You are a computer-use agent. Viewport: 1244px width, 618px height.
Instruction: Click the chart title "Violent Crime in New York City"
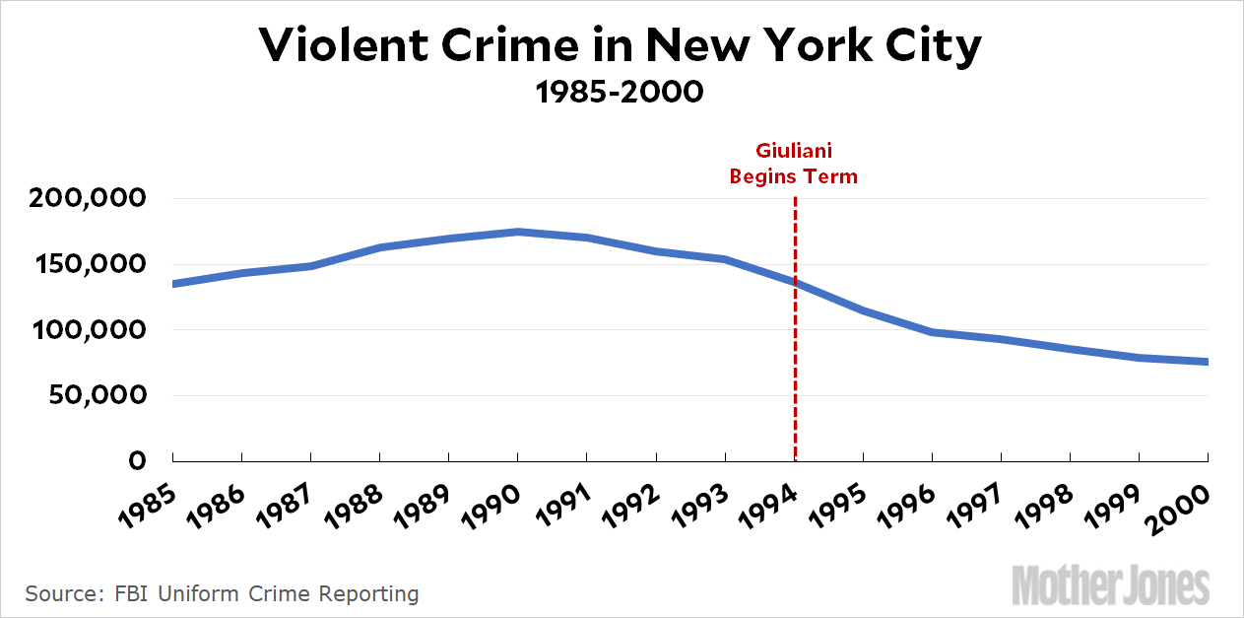(x=621, y=46)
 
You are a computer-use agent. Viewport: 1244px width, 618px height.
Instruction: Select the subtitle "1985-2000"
(x=620, y=93)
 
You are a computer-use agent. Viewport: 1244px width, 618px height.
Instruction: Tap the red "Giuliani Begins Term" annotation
(x=793, y=165)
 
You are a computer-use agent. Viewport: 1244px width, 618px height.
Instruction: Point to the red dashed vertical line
(x=794, y=375)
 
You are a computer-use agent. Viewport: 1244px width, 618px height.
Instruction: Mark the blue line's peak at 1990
(x=518, y=232)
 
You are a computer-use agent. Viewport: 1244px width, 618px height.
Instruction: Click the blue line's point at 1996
(x=932, y=332)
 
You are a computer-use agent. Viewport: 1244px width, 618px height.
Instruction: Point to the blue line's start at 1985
(x=173, y=284)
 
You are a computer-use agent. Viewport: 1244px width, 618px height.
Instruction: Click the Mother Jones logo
(x=1110, y=584)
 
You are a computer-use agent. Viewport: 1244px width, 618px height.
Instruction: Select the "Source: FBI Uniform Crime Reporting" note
(x=222, y=593)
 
